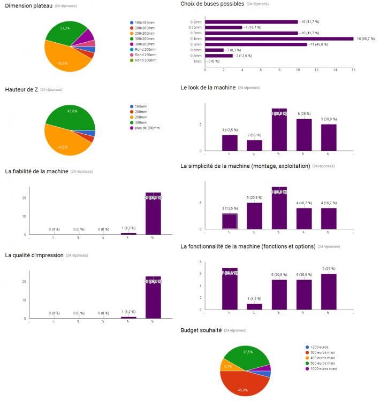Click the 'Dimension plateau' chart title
[x=28, y=5]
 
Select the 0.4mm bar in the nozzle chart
[x=279, y=38]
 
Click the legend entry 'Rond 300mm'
[x=146, y=60]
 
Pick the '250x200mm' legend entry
[x=144, y=33]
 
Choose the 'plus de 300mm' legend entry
[x=147, y=128]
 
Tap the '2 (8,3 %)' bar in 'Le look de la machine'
[x=254, y=145]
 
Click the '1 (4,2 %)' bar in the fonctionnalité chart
[x=254, y=306]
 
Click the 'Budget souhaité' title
[x=201, y=331]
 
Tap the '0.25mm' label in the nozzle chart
[x=196, y=27]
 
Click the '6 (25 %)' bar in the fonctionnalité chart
[x=329, y=291]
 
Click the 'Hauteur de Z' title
[x=21, y=89]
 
